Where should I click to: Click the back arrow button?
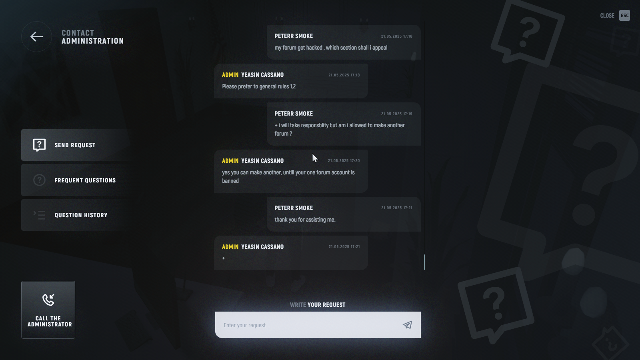pyautogui.click(x=36, y=37)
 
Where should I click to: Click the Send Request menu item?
pyautogui.click(x=75, y=145)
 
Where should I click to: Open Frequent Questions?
pyautogui.click(x=85, y=180)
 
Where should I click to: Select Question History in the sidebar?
pyautogui.click(x=81, y=215)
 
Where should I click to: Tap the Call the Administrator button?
pyautogui.click(x=48, y=310)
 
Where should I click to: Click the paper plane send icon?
pyautogui.click(x=407, y=325)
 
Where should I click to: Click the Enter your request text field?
pyautogui.click(x=308, y=325)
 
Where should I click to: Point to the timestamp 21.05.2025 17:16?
pyautogui.click(x=396, y=36)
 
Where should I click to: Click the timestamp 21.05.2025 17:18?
pyautogui.click(x=344, y=75)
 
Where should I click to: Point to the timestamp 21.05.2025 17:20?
pyautogui.click(x=344, y=161)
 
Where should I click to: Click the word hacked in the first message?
pyautogui.click(x=314, y=48)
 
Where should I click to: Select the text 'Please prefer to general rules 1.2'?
pyautogui.click(x=259, y=86)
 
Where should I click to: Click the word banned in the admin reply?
pyautogui.click(x=230, y=181)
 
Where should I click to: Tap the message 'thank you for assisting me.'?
pyautogui.click(x=305, y=220)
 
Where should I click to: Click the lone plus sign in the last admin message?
pyautogui.click(x=224, y=258)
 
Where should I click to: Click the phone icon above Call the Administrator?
pyautogui.click(x=48, y=300)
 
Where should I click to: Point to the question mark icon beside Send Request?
pyautogui.click(x=39, y=145)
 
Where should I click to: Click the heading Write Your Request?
pyautogui.click(x=318, y=305)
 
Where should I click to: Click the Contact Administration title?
pyautogui.click(x=92, y=37)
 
